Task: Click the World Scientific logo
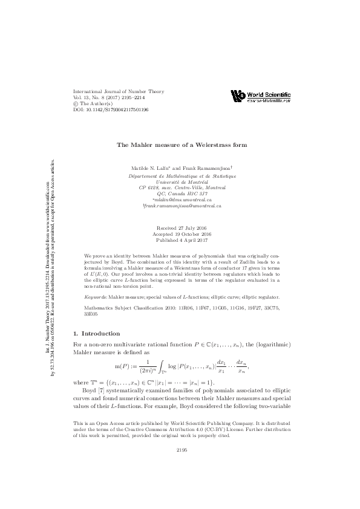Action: coord(261,96)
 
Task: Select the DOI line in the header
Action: coord(110,110)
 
